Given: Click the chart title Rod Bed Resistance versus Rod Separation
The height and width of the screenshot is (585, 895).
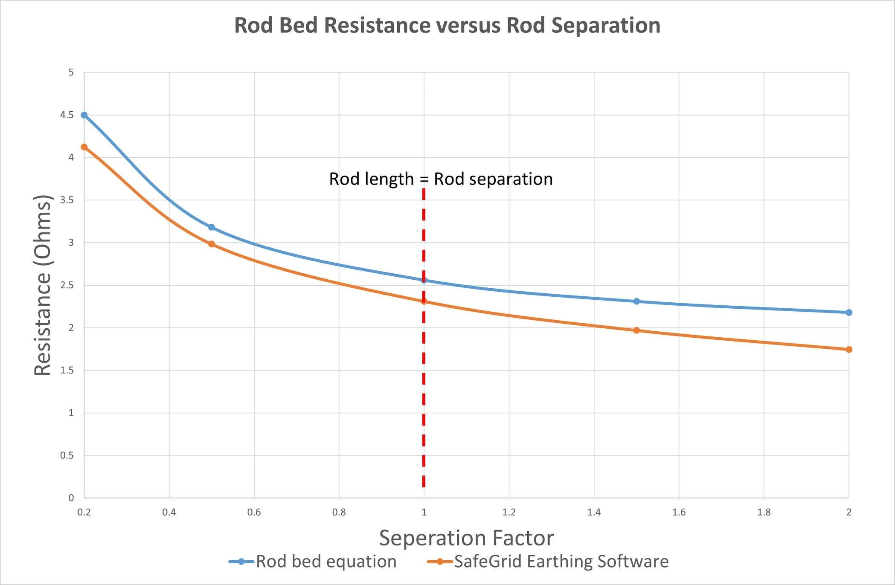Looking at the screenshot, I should [x=447, y=25].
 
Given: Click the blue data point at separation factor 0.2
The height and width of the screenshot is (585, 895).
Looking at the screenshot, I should [x=84, y=115].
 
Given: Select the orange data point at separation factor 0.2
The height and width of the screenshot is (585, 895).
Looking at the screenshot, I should [x=84, y=147].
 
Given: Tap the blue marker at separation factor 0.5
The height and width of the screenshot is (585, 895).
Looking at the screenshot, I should [x=212, y=227].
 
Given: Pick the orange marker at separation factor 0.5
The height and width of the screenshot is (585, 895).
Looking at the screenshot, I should [x=212, y=244].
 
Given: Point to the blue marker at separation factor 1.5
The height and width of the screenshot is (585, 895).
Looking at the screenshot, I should [x=636, y=301].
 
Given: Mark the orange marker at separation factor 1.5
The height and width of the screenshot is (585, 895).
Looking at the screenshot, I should [x=636, y=330].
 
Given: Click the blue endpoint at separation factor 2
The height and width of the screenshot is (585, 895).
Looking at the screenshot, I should [x=849, y=313].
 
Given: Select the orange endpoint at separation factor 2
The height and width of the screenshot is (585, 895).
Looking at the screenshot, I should [x=849, y=350].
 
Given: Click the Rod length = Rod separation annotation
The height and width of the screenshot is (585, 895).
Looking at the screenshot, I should [x=441, y=179].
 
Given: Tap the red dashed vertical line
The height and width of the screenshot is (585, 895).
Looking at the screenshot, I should [x=424, y=384].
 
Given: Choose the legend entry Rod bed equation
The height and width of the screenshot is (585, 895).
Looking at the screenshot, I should [x=326, y=562].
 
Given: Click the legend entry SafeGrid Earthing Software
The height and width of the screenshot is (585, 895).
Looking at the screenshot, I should [x=561, y=562].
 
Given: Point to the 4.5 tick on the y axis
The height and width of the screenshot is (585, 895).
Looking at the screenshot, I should [x=67, y=115].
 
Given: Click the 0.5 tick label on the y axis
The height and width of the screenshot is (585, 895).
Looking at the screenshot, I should [x=67, y=455].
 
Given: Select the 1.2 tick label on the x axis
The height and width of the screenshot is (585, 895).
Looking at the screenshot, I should [x=509, y=512].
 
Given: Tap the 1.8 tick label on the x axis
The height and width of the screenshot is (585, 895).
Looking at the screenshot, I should [x=764, y=512].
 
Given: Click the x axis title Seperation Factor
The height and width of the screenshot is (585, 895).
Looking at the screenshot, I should [x=466, y=538].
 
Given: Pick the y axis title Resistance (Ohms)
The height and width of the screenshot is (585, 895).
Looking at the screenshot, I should [x=43, y=285].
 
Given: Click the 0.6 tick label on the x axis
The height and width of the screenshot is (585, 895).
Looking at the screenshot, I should [x=254, y=512].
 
